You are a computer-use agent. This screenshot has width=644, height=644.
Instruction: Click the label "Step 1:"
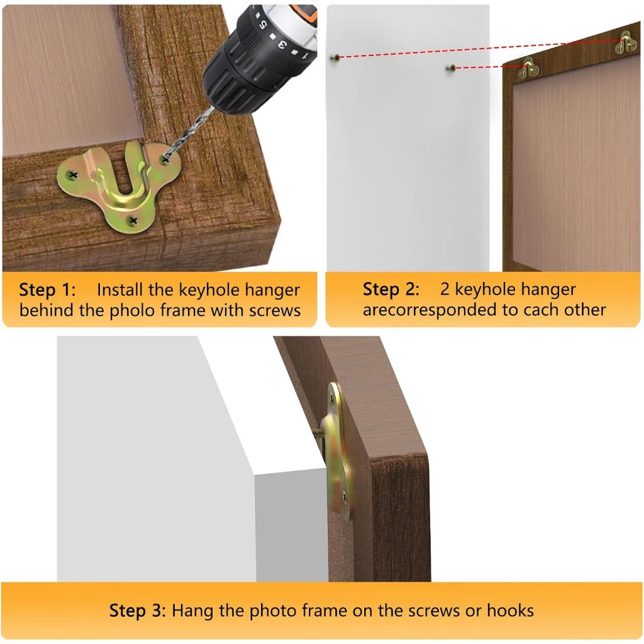tap(47, 290)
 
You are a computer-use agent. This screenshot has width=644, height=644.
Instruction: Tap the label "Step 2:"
tap(391, 289)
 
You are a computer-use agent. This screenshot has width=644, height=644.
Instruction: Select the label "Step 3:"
tap(137, 611)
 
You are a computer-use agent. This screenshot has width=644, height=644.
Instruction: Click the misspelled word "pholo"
tap(133, 310)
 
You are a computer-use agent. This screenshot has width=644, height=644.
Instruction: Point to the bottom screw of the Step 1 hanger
tap(133, 221)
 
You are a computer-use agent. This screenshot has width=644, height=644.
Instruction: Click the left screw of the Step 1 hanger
tap(73, 175)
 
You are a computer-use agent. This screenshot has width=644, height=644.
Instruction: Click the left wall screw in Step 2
tap(335, 58)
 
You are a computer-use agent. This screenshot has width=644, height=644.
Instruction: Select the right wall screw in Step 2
tap(452, 68)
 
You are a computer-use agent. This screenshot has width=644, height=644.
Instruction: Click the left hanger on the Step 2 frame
tap(528, 69)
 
